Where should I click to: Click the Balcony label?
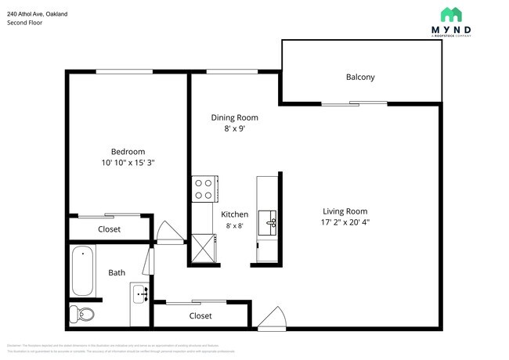click(360, 77)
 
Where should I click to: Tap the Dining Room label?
click(234, 117)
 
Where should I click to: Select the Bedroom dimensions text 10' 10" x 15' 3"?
click(127, 163)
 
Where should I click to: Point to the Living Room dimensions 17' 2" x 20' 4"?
click(345, 223)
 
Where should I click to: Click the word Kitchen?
click(234, 214)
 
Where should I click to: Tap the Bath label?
click(117, 272)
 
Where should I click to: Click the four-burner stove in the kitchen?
click(204, 189)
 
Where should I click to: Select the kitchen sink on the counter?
click(270, 221)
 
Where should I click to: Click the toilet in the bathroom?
click(82, 315)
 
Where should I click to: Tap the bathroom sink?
click(140, 294)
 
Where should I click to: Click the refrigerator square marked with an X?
click(204, 248)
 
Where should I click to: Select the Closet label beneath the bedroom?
click(109, 229)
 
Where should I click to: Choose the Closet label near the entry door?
click(200, 315)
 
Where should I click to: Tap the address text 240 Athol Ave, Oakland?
click(38, 13)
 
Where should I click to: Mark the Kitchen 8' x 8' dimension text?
click(234, 225)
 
